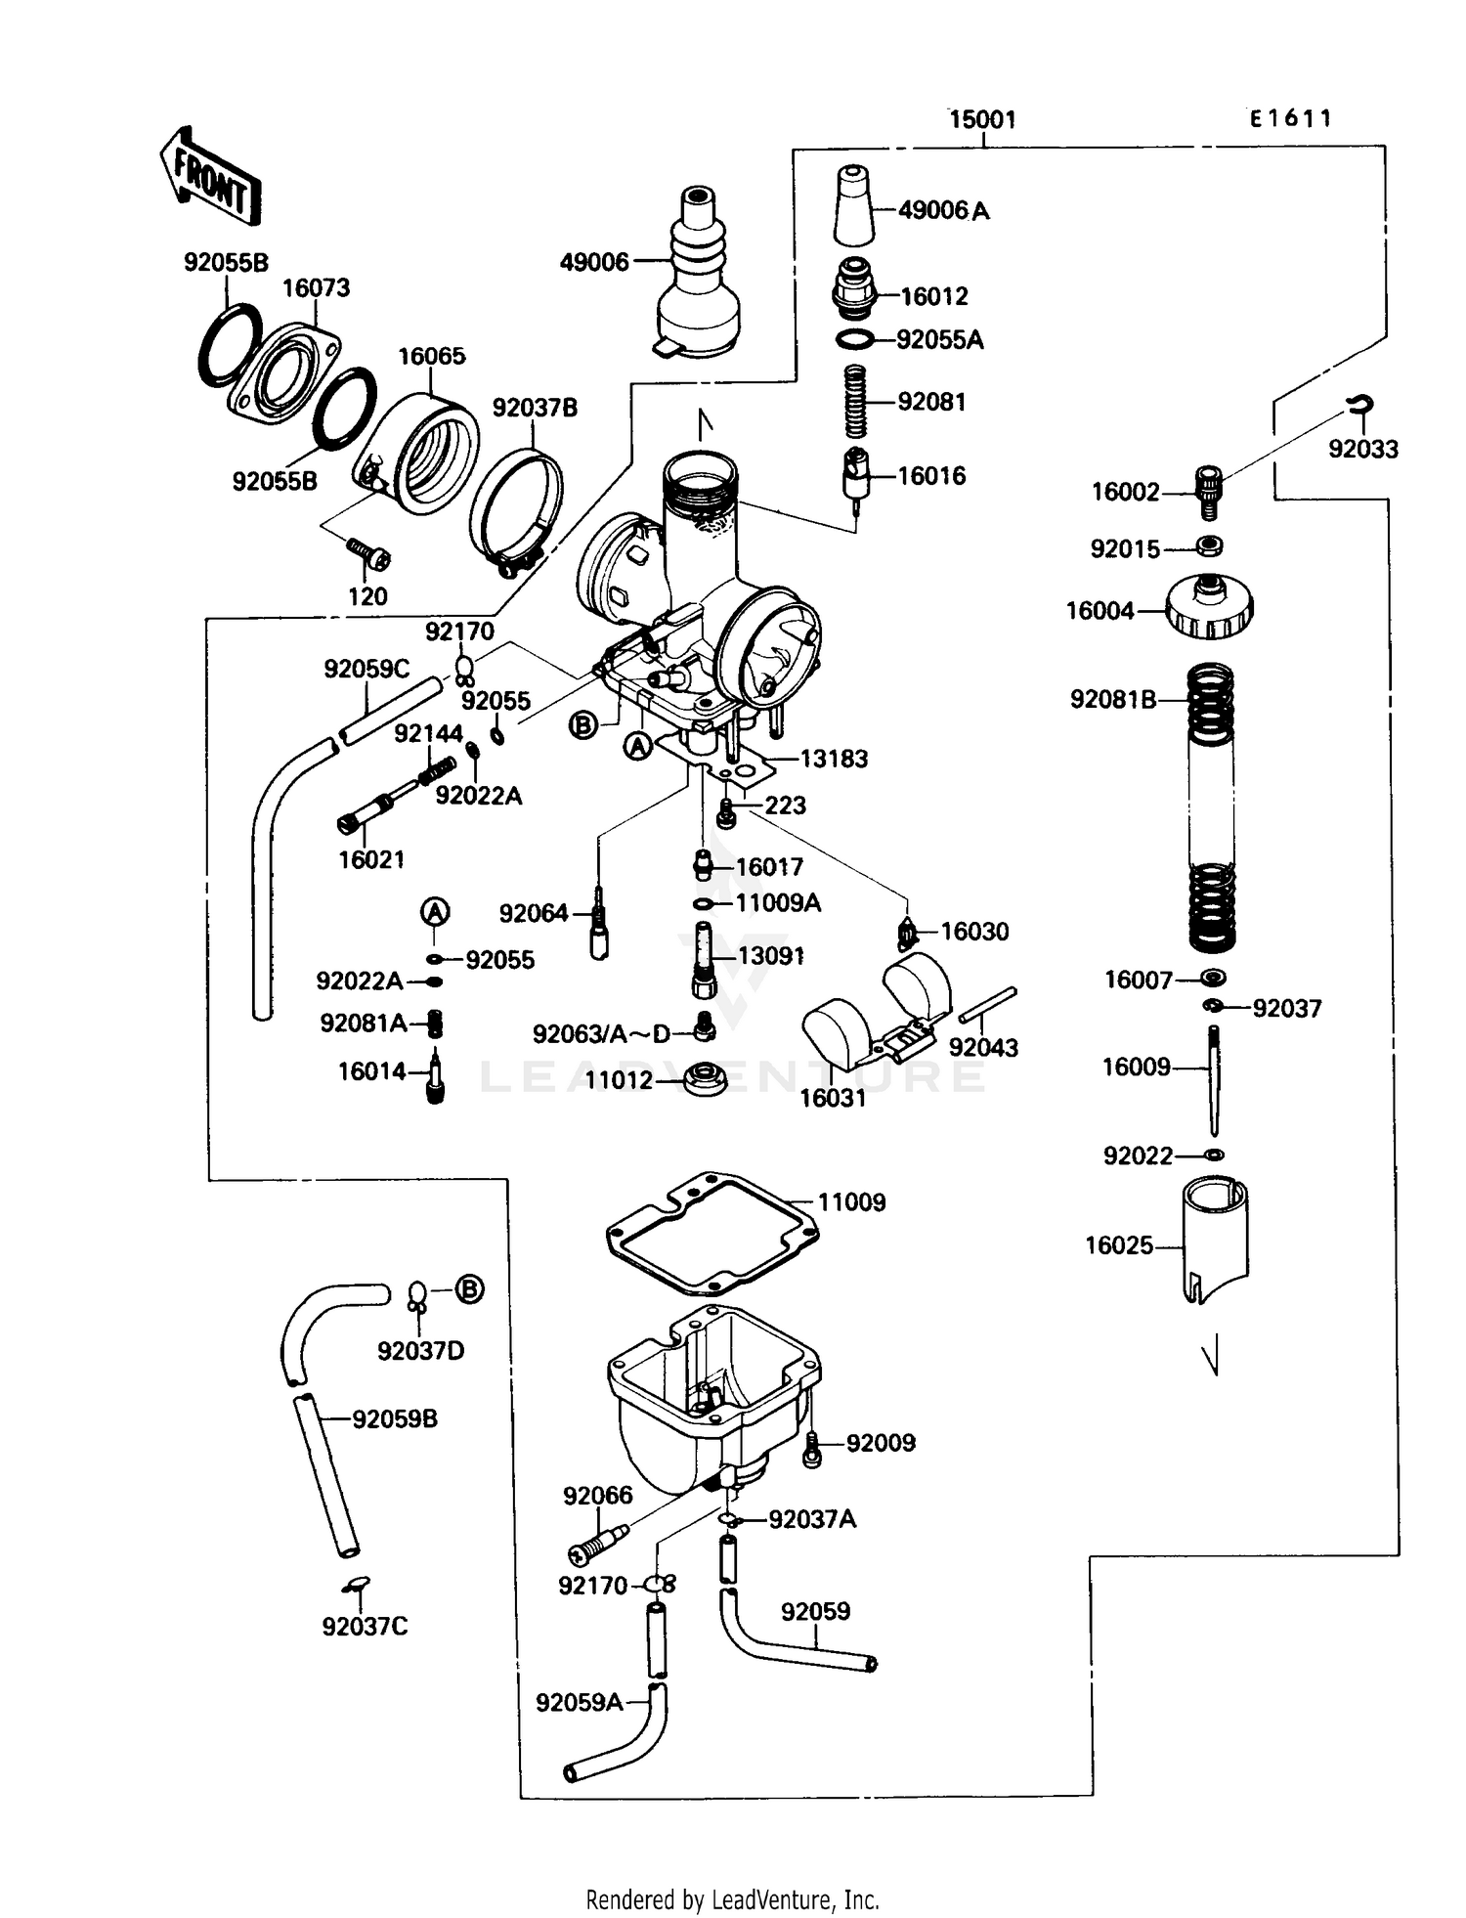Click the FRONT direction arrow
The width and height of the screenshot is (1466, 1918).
click(x=210, y=177)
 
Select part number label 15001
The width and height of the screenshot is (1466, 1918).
click(x=982, y=120)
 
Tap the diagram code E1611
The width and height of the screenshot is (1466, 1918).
click(x=1290, y=119)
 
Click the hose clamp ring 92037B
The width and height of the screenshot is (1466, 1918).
click(x=516, y=509)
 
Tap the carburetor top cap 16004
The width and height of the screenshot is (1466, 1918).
click(x=1209, y=607)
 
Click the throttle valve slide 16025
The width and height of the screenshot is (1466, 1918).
click(x=1215, y=1240)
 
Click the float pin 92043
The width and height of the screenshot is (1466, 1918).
click(x=988, y=1005)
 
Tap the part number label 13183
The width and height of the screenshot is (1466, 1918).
click(x=833, y=759)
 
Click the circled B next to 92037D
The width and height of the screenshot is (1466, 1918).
click(x=470, y=1289)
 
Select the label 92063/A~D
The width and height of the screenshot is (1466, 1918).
click(x=601, y=1033)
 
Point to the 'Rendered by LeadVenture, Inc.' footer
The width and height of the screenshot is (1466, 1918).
click(x=732, y=1899)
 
